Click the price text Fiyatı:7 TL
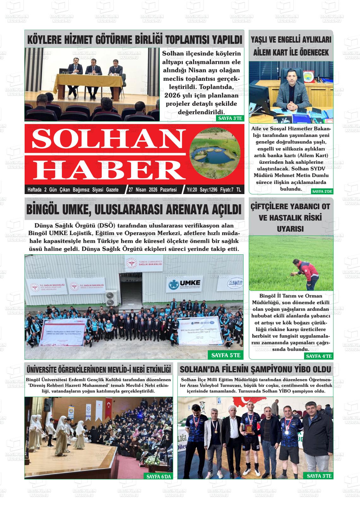tap(231, 190)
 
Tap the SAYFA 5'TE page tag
tap(226, 355)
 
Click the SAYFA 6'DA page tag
tap(159, 476)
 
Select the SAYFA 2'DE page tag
tap(322, 192)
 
